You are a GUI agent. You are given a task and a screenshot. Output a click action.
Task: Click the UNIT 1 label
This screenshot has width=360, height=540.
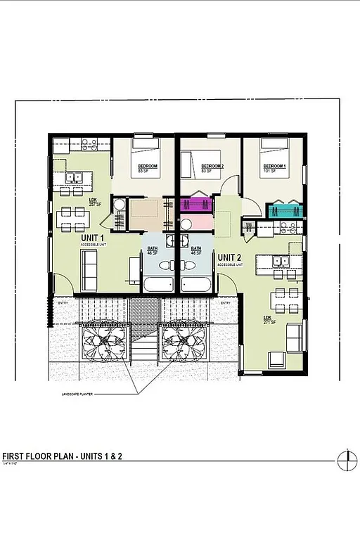[x=93, y=239]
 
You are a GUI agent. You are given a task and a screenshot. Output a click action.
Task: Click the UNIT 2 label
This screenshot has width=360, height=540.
[x=230, y=258]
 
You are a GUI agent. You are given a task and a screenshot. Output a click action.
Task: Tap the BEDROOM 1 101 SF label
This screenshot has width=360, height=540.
[x=275, y=168]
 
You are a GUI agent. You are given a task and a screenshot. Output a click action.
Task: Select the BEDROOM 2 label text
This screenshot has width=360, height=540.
[x=212, y=167]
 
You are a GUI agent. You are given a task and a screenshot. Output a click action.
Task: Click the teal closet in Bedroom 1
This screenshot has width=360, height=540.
[x=284, y=210]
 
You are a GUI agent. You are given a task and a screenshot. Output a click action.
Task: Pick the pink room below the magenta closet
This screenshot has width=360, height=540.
[x=195, y=224]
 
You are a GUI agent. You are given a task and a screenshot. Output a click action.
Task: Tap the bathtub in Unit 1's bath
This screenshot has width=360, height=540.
[x=159, y=285]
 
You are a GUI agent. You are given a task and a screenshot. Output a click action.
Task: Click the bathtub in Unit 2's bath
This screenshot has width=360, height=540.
[x=196, y=285]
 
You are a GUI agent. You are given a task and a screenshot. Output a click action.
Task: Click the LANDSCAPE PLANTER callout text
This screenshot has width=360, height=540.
[x=77, y=395]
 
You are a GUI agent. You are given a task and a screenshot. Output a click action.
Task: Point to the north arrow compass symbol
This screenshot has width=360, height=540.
[x=344, y=461]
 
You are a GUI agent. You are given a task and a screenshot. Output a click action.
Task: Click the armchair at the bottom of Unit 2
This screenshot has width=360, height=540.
[x=276, y=360]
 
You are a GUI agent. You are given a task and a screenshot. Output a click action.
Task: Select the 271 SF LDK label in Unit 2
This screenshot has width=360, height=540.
[x=269, y=320]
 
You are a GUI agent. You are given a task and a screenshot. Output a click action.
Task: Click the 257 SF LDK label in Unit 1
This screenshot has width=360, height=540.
[x=93, y=202]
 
